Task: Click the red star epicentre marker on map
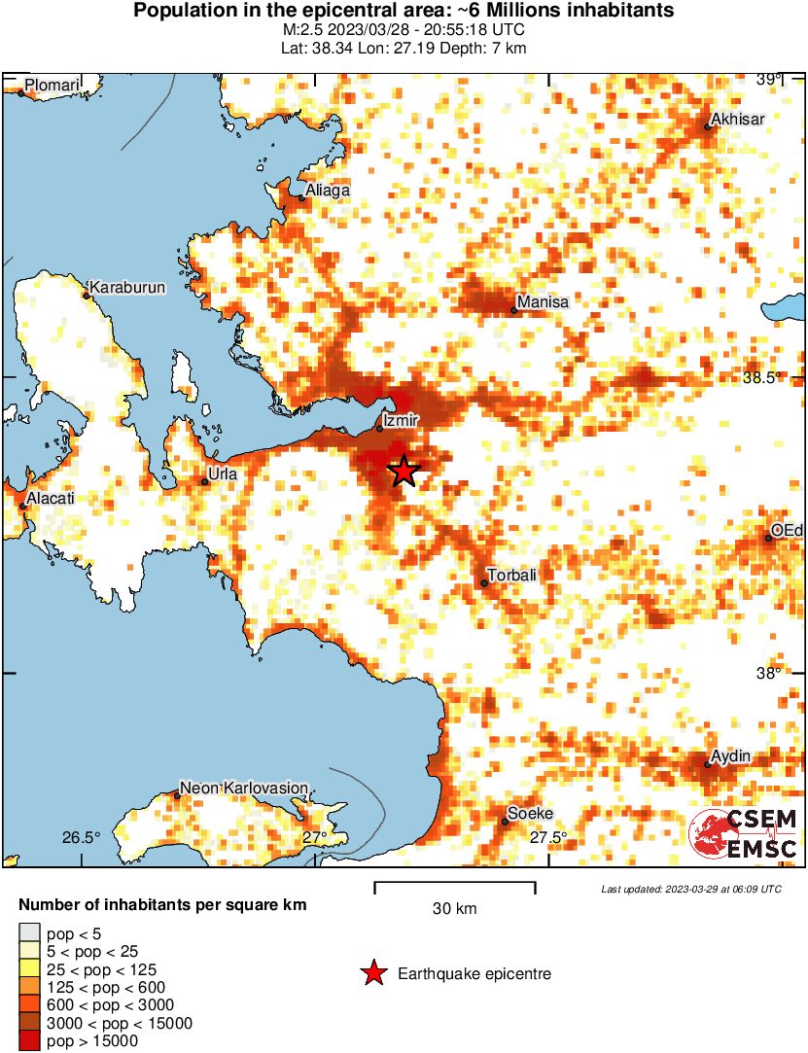pos(404,471)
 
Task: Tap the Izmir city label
pos(401,420)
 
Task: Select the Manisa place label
pos(543,302)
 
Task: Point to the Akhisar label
pos(738,120)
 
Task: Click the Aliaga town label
pos(328,192)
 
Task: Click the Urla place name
pos(224,474)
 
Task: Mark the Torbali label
pos(511,575)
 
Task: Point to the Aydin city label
pos(731,755)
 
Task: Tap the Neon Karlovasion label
pos(244,788)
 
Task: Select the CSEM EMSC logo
pos(744,834)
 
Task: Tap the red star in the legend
pos(372,973)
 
